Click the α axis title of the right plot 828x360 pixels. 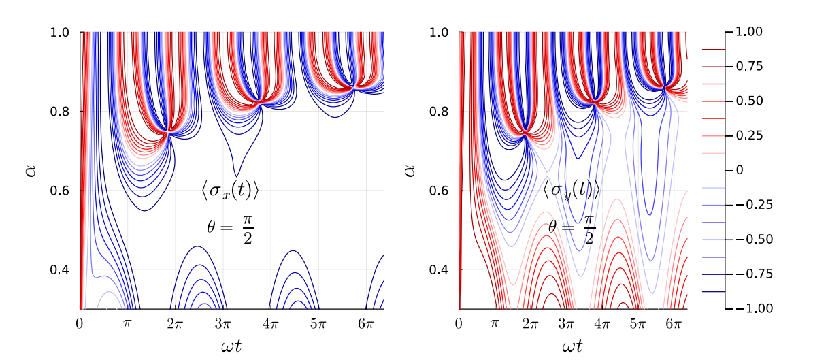pos(410,170)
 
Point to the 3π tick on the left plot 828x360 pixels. pos(222,323)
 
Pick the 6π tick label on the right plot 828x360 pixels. pos(674,323)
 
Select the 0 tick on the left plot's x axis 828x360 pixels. pos(80,323)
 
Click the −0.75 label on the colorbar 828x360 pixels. pos(753,274)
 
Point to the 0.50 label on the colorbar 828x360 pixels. pos(749,101)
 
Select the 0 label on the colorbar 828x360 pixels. pos(739,170)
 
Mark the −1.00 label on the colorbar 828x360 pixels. pos(753,308)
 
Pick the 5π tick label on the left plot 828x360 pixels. pos(318,323)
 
